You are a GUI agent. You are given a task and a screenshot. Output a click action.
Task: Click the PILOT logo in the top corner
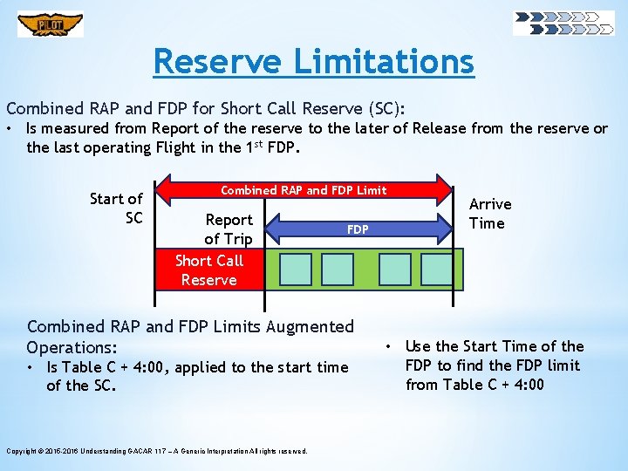point(50,24)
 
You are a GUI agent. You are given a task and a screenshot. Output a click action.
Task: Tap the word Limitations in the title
point(384,62)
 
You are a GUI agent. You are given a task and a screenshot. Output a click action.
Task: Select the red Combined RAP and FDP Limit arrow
point(304,190)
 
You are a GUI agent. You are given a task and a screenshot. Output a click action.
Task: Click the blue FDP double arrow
point(358,229)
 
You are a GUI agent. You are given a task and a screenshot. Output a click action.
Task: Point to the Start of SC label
point(117,208)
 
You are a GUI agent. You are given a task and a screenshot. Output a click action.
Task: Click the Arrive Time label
point(490,214)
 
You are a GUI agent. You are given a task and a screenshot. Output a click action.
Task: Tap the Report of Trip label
point(229,229)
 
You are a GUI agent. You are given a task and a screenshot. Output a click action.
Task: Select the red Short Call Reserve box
point(209,270)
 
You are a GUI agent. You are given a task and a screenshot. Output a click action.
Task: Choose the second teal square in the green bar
point(337,270)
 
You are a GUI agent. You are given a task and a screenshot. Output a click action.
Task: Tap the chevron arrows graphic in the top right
point(563,23)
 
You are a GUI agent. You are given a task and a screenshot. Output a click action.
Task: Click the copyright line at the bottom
point(157,451)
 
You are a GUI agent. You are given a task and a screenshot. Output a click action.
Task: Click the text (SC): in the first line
point(384,109)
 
